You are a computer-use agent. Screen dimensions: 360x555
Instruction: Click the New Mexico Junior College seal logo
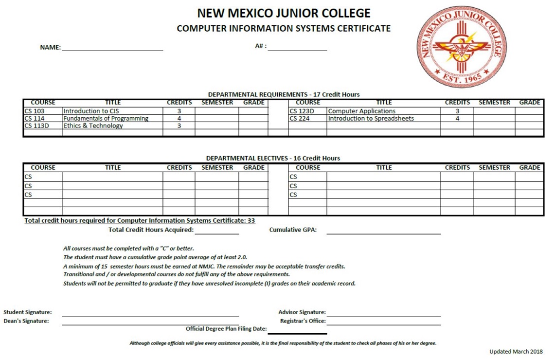pyautogui.click(x=459, y=48)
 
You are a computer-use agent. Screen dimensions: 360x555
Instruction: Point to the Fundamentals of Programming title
pyautogui.click(x=106, y=118)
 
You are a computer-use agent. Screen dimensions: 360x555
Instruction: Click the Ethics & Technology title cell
pyautogui.click(x=93, y=126)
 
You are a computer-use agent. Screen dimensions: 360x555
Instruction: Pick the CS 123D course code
pyautogui.click(x=302, y=111)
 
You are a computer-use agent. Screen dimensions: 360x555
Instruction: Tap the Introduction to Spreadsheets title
pyautogui.click(x=371, y=118)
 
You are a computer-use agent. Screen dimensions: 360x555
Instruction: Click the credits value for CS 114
pyautogui.click(x=179, y=118)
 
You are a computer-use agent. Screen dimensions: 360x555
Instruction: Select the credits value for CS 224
pyautogui.click(x=457, y=118)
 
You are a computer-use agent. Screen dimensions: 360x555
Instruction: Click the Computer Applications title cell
pyautogui.click(x=362, y=111)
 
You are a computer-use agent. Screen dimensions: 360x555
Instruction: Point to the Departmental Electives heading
pyautogui.click(x=273, y=158)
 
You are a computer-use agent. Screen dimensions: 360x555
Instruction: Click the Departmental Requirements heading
pyautogui.click(x=284, y=94)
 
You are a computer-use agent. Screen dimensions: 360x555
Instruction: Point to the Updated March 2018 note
pyautogui.click(x=516, y=351)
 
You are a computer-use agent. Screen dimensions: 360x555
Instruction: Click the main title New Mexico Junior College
pyautogui.click(x=284, y=13)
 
